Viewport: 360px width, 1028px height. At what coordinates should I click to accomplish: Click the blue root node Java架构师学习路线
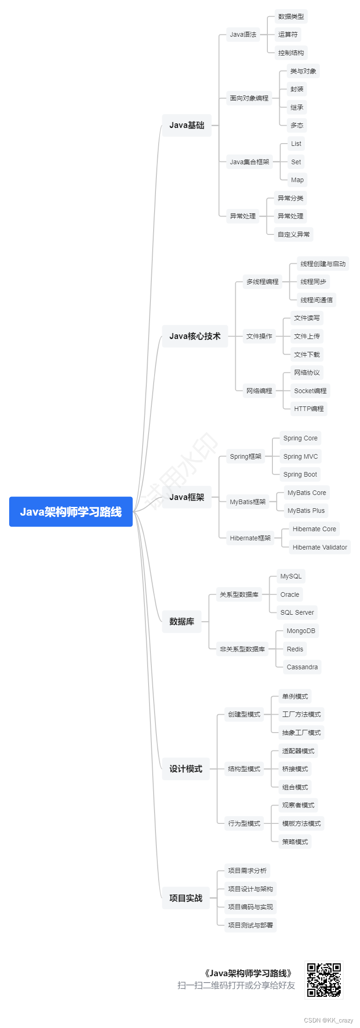[x=71, y=511]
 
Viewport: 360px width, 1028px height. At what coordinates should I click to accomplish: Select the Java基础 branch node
[x=187, y=125]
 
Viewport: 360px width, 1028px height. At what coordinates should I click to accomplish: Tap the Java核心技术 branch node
[x=195, y=336]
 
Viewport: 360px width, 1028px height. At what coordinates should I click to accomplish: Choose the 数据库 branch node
[x=182, y=622]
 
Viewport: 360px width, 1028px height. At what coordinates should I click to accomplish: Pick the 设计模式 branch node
[x=186, y=769]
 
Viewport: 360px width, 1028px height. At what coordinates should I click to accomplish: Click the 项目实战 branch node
[x=186, y=898]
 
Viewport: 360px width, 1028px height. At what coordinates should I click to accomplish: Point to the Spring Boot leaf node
[x=300, y=474]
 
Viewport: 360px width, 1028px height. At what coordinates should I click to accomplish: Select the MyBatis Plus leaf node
[x=306, y=511]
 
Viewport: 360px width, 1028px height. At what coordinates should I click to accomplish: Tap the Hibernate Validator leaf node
[x=320, y=547]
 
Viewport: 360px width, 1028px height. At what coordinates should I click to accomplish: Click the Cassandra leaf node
[x=302, y=667]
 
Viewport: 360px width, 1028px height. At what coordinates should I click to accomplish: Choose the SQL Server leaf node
[x=297, y=612]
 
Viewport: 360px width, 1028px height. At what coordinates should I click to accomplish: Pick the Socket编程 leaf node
[x=310, y=391]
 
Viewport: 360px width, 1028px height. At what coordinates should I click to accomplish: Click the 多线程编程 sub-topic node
[x=262, y=282]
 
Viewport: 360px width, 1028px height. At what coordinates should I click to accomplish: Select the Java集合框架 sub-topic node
[x=249, y=162]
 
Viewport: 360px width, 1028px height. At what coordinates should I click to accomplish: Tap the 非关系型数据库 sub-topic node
[x=242, y=649]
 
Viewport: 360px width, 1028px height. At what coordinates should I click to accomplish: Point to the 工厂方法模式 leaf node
[x=301, y=714]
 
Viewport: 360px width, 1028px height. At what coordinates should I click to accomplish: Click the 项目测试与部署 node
[x=250, y=925]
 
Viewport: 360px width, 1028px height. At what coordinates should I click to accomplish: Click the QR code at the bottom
[x=324, y=980]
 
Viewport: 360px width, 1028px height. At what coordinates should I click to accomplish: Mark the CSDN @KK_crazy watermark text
[x=328, y=1020]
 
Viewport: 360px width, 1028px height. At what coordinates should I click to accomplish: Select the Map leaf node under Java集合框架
[x=297, y=180]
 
